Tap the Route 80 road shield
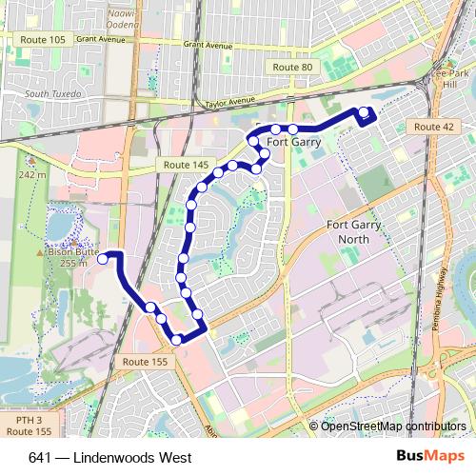click(x=291, y=68)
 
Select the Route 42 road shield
click(x=433, y=127)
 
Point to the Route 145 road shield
click(x=186, y=165)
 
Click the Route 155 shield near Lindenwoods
click(x=145, y=362)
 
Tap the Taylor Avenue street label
click(x=229, y=101)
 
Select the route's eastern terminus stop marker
click(x=363, y=112)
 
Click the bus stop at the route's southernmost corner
click(x=176, y=339)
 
